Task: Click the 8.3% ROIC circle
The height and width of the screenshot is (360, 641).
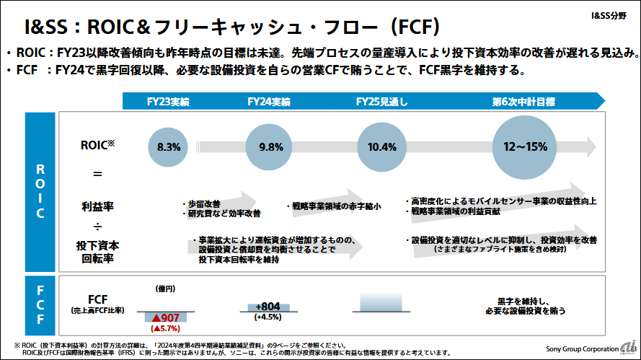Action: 169,147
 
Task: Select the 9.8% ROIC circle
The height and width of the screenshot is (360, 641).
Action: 270,147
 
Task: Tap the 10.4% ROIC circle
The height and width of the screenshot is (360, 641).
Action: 381,147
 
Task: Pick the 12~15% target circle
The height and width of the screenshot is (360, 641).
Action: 526,147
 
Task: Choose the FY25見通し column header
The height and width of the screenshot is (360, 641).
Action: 381,102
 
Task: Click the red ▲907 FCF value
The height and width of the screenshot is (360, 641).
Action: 165,317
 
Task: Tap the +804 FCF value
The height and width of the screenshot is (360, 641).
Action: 268,306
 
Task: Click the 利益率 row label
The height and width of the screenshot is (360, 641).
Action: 97,207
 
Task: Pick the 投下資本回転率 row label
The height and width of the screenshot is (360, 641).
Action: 97,252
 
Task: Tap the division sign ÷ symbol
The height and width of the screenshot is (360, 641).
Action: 97,228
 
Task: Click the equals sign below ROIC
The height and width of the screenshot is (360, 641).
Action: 97,174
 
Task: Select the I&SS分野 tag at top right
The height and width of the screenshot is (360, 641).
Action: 610,14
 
